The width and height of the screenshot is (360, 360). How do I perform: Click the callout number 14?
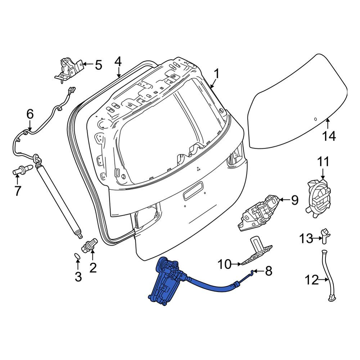point(329,136)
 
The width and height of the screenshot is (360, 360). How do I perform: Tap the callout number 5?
point(98,65)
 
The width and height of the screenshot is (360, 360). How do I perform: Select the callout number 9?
point(295,200)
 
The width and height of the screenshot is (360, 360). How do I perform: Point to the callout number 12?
point(312,280)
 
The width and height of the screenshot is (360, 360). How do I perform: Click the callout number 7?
point(17,191)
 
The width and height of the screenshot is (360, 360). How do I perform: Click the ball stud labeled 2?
point(90,245)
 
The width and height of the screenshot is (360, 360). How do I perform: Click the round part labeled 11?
point(319,198)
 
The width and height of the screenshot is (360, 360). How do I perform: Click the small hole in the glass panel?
point(315,119)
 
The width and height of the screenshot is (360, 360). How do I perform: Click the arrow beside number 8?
point(259,271)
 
